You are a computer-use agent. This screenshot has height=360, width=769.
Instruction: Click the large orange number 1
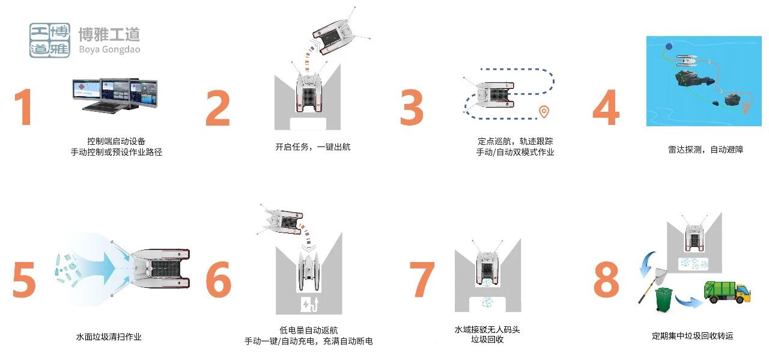point(24,108)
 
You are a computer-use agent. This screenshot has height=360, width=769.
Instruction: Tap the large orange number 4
point(605,108)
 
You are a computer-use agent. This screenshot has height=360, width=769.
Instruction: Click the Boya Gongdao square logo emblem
point(50,40)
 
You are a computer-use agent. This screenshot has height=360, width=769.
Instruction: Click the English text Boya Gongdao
point(109,49)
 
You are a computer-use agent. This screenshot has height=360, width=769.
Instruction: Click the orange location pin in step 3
point(544,112)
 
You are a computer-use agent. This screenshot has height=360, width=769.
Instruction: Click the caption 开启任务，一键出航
point(312,147)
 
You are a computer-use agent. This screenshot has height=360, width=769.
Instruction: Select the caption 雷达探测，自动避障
point(705,149)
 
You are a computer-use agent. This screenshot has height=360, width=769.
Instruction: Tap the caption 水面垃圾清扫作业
point(109,337)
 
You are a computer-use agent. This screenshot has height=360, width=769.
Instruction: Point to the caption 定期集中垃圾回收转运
point(693,336)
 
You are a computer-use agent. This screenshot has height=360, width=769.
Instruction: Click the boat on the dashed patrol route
point(491,96)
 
